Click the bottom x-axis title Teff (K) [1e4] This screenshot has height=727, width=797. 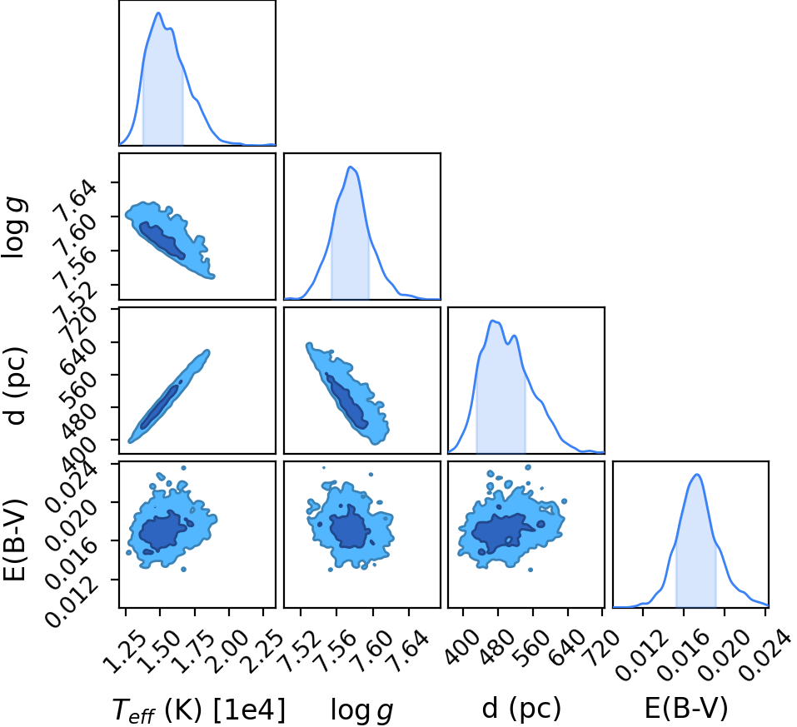click(198, 709)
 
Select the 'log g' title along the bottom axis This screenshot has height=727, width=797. click(362, 710)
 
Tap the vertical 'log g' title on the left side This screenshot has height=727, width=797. click(14, 228)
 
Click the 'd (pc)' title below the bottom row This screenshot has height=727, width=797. click(521, 708)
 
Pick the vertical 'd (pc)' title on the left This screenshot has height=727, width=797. click(15, 386)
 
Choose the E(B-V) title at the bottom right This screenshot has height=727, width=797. click(686, 708)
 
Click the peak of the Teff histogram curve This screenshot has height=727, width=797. click(158, 13)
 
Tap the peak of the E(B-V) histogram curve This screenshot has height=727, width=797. click(697, 475)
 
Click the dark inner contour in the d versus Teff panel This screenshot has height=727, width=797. click(160, 406)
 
